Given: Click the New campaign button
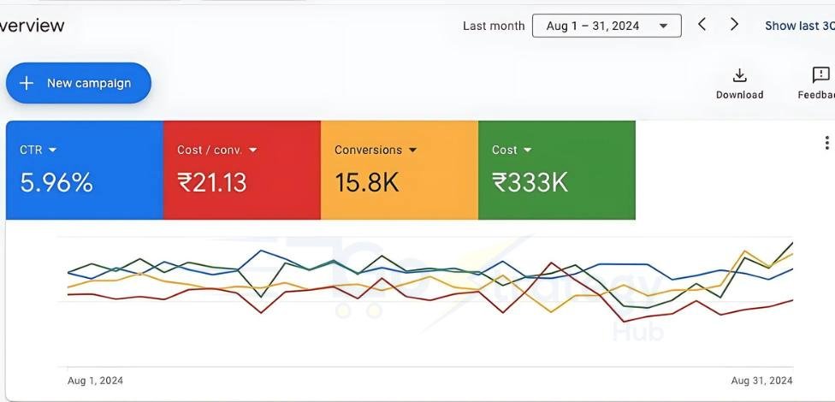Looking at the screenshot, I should pos(79,83).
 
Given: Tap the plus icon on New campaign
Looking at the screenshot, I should pos(27,83).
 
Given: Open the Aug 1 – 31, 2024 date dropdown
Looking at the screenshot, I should pos(607,26).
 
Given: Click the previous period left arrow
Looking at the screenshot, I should pos(702,25).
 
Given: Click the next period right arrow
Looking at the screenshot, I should pos(734,25).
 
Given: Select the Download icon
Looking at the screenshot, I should pos(740,75).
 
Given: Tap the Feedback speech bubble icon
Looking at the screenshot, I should pos(820,75).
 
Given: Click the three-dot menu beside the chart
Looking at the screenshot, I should pos(826,143).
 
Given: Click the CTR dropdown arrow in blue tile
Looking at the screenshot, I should pos(53,150).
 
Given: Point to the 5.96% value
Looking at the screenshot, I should pos(56,182).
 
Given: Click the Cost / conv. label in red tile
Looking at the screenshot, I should pos(210,150).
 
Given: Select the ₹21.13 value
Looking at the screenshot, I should pos(211,182).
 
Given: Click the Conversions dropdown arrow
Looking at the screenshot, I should pos(413,150).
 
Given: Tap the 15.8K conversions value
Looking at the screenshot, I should pos(366,182).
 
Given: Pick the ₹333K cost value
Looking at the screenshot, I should pos(530,182).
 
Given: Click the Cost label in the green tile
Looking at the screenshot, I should pos(504,150).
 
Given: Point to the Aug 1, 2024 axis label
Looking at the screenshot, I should pos(95,381).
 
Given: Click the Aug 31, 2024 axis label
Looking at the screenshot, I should pos(761,381).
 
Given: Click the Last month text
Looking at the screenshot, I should pos(494,26).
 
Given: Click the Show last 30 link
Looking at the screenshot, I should pos(799,26).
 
